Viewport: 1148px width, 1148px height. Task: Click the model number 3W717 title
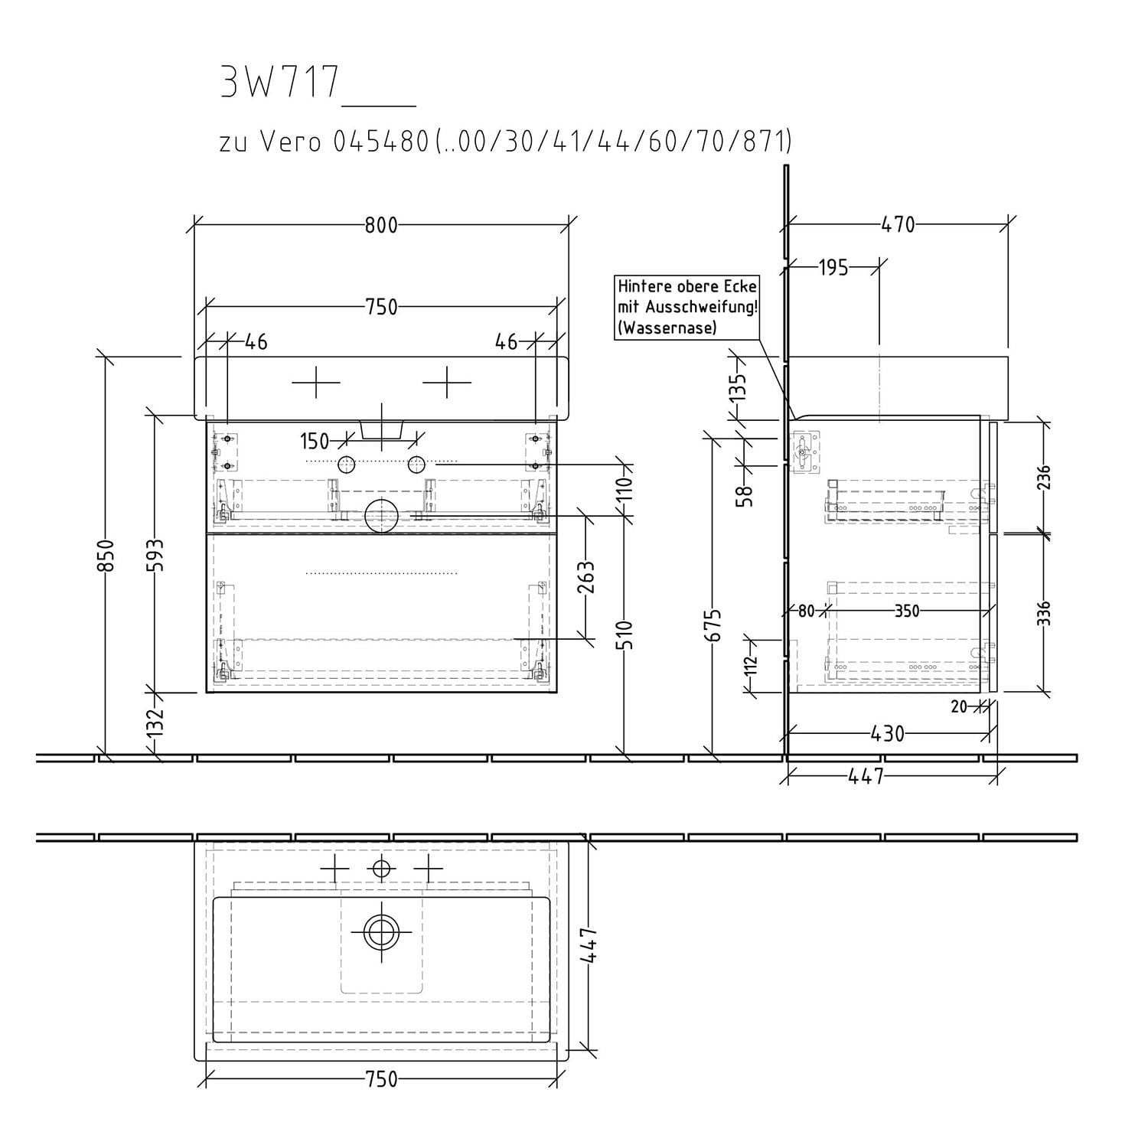[x=279, y=82]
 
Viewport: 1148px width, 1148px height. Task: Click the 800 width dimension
[x=381, y=225]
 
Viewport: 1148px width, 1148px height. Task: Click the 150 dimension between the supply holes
[x=315, y=442]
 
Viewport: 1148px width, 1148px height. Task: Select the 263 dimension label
[x=587, y=578]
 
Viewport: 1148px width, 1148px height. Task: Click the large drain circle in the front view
[x=381, y=516]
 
